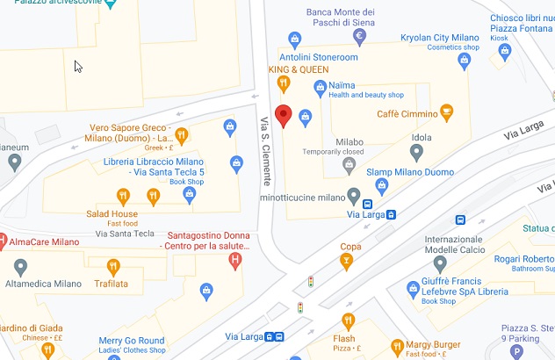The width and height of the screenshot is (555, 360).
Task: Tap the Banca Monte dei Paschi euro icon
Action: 359,36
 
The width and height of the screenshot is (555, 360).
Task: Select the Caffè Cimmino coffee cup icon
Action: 447,112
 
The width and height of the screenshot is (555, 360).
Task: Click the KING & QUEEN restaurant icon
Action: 283,84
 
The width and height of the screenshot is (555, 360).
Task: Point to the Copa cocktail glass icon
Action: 348,263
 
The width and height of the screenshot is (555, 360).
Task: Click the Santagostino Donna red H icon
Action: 235,262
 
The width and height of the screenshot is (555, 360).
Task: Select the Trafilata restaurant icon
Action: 112,266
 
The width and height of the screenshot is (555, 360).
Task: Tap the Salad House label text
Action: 112,213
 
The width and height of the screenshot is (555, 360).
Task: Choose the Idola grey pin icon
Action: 417,153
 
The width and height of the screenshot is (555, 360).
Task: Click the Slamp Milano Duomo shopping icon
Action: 382,185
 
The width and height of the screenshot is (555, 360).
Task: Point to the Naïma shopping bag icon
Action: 321,86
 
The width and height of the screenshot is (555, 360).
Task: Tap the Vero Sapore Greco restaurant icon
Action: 182,136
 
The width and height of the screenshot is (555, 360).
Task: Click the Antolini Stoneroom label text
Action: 319,57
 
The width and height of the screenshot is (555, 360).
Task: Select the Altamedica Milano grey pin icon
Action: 20,266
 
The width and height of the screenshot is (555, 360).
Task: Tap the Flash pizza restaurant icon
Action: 348,320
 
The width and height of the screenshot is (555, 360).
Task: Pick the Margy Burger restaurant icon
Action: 397,345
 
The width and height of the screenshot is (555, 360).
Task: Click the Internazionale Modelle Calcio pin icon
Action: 440,263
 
